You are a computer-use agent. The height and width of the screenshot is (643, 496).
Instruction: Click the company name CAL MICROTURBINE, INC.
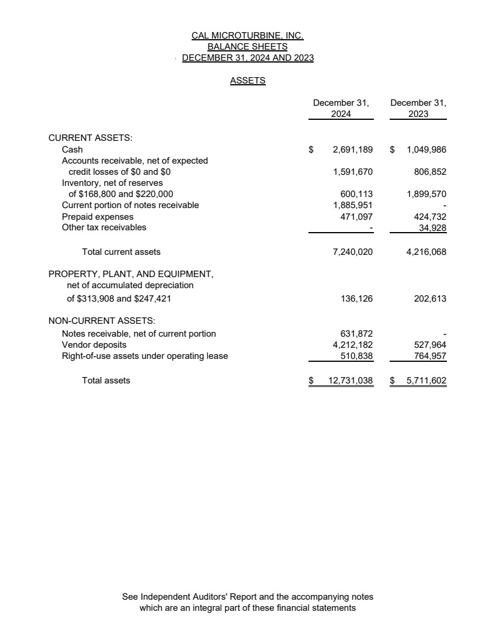[x=248, y=36]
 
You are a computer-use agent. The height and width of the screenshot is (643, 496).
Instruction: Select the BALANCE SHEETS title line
[x=248, y=47]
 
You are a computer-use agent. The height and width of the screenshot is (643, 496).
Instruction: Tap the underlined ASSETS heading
[x=248, y=81]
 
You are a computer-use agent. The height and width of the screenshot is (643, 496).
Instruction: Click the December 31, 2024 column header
[x=341, y=108]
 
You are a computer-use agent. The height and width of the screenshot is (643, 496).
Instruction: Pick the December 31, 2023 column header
[x=418, y=108]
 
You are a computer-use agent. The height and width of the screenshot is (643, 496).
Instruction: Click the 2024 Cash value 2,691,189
[x=352, y=150]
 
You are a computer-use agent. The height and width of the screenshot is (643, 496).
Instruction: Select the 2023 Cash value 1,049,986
[x=426, y=150]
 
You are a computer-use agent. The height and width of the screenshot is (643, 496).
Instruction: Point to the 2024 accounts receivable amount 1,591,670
[x=352, y=172]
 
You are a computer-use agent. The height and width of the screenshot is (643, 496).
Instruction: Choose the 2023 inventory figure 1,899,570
[x=426, y=194]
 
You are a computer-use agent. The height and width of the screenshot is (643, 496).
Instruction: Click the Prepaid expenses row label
[x=98, y=216]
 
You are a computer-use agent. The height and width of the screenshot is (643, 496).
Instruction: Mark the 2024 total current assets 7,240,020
[x=352, y=252]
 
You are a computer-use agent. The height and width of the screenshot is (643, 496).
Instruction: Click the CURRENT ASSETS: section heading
[x=91, y=138]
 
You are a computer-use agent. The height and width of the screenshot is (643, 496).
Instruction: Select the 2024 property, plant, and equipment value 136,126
[x=356, y=299]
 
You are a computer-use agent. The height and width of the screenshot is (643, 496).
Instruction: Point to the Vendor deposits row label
[x=94, y=345]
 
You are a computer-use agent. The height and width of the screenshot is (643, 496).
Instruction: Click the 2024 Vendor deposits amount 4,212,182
[x=352, y=345]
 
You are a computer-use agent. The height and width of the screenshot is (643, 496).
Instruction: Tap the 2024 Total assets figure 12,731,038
[x=350, y=381]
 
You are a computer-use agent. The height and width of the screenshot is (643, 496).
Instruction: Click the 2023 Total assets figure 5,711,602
[x=426, y=381]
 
